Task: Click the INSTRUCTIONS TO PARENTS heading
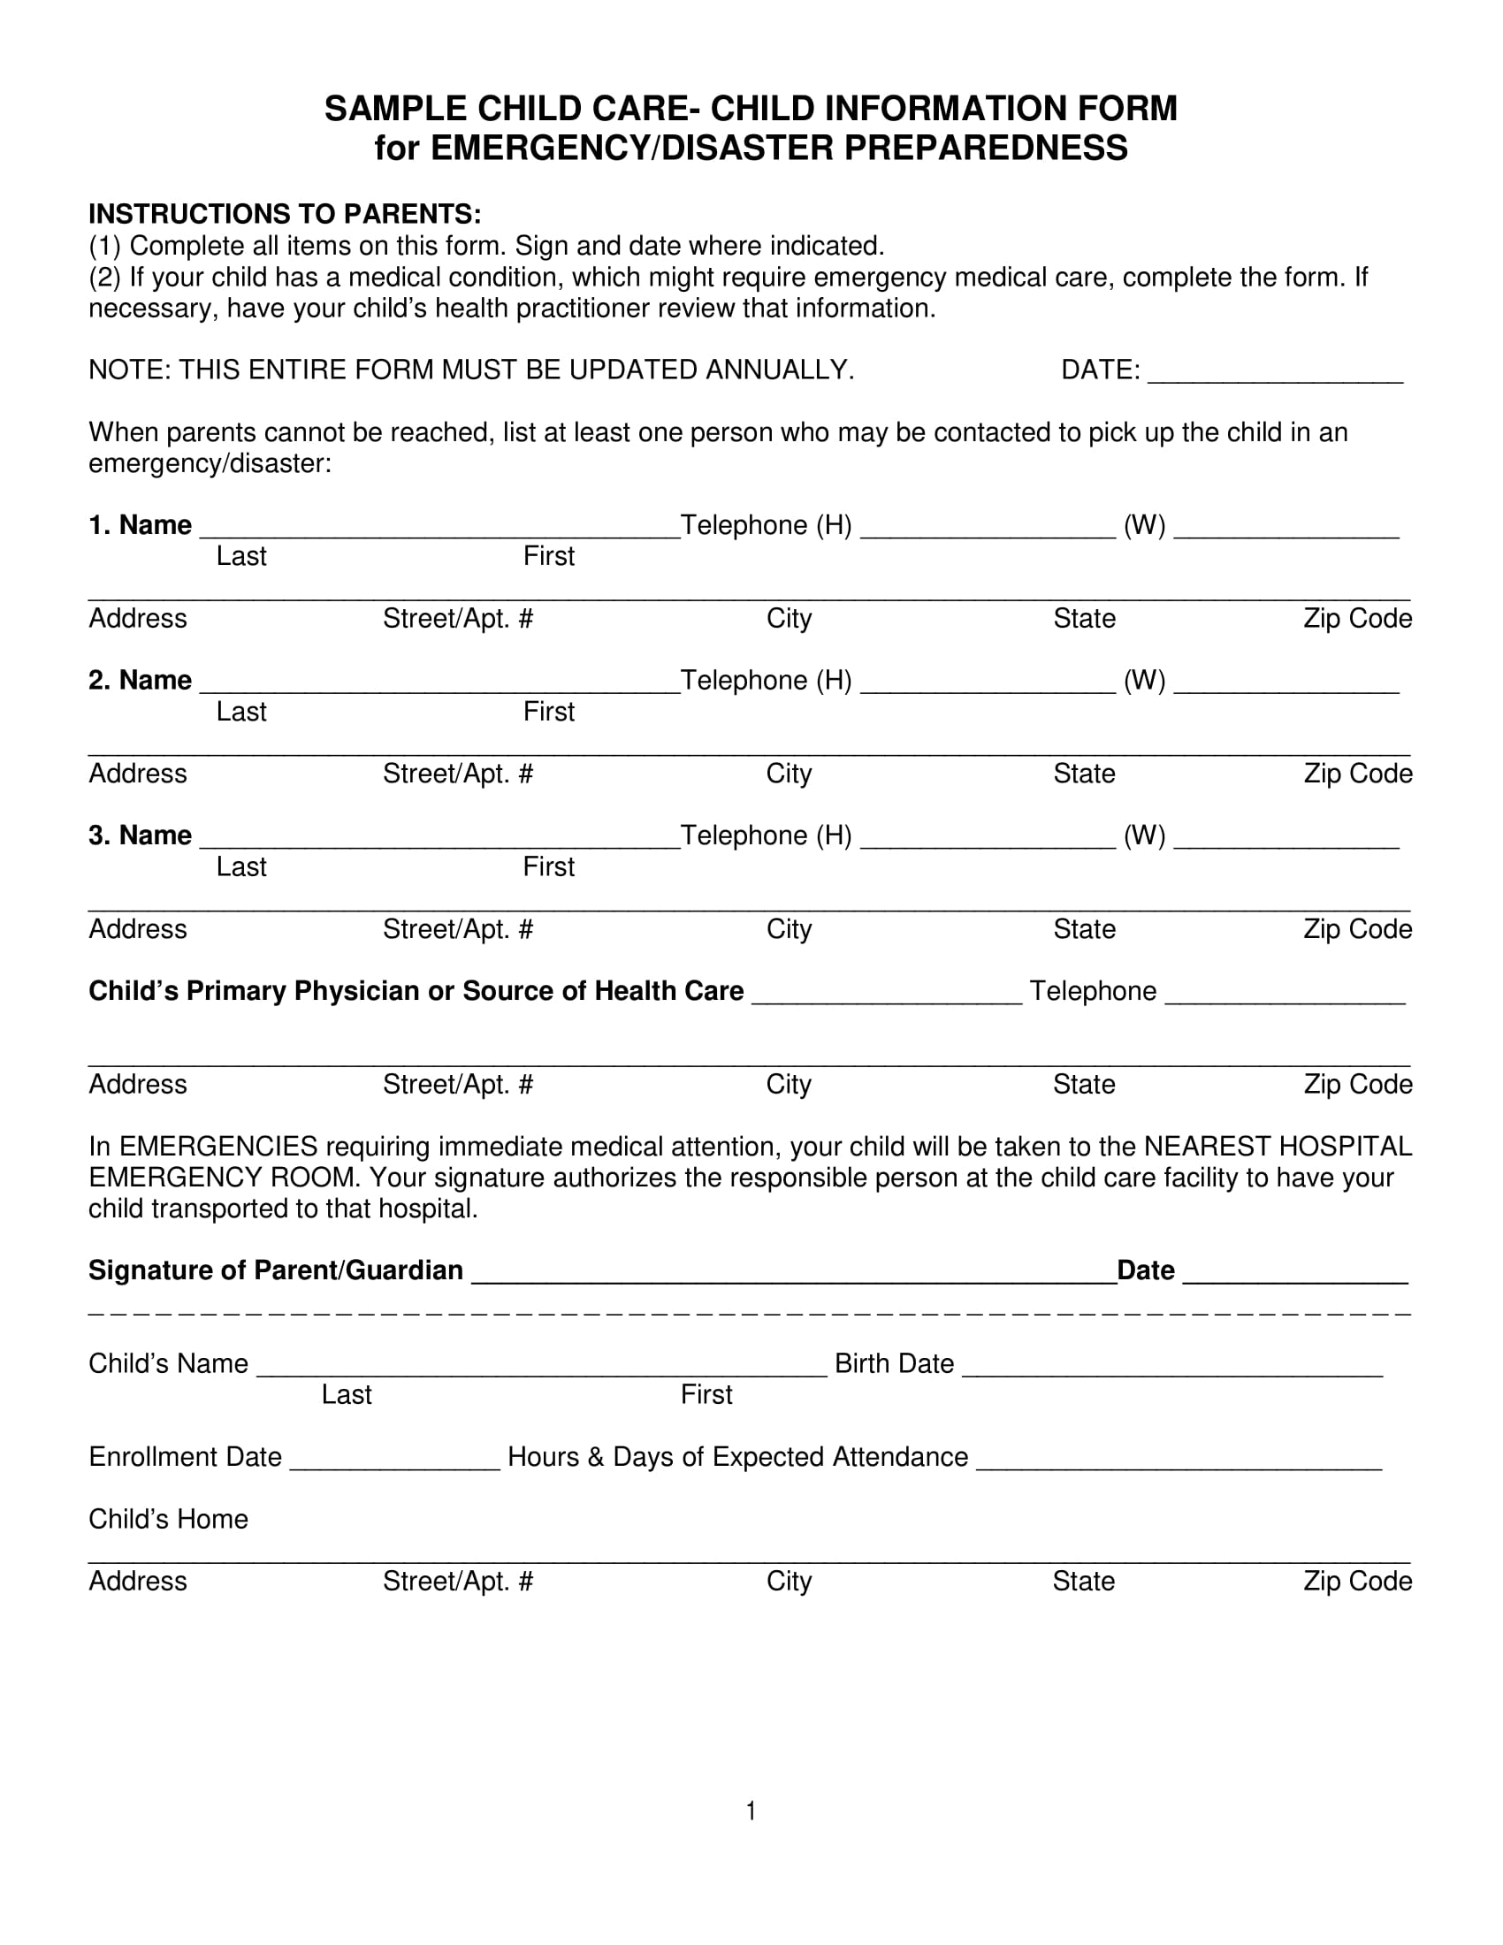click(x=285, y=215)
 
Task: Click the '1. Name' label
click(x=140, y=525)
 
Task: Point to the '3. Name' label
click(x=140, y=835)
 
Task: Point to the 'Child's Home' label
click(x=168, y=1519)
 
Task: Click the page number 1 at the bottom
click(x=751, y=1811)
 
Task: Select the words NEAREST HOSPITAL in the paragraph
click(x=1277, y=1146)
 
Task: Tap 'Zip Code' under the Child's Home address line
click(x=1357, y=1581)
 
